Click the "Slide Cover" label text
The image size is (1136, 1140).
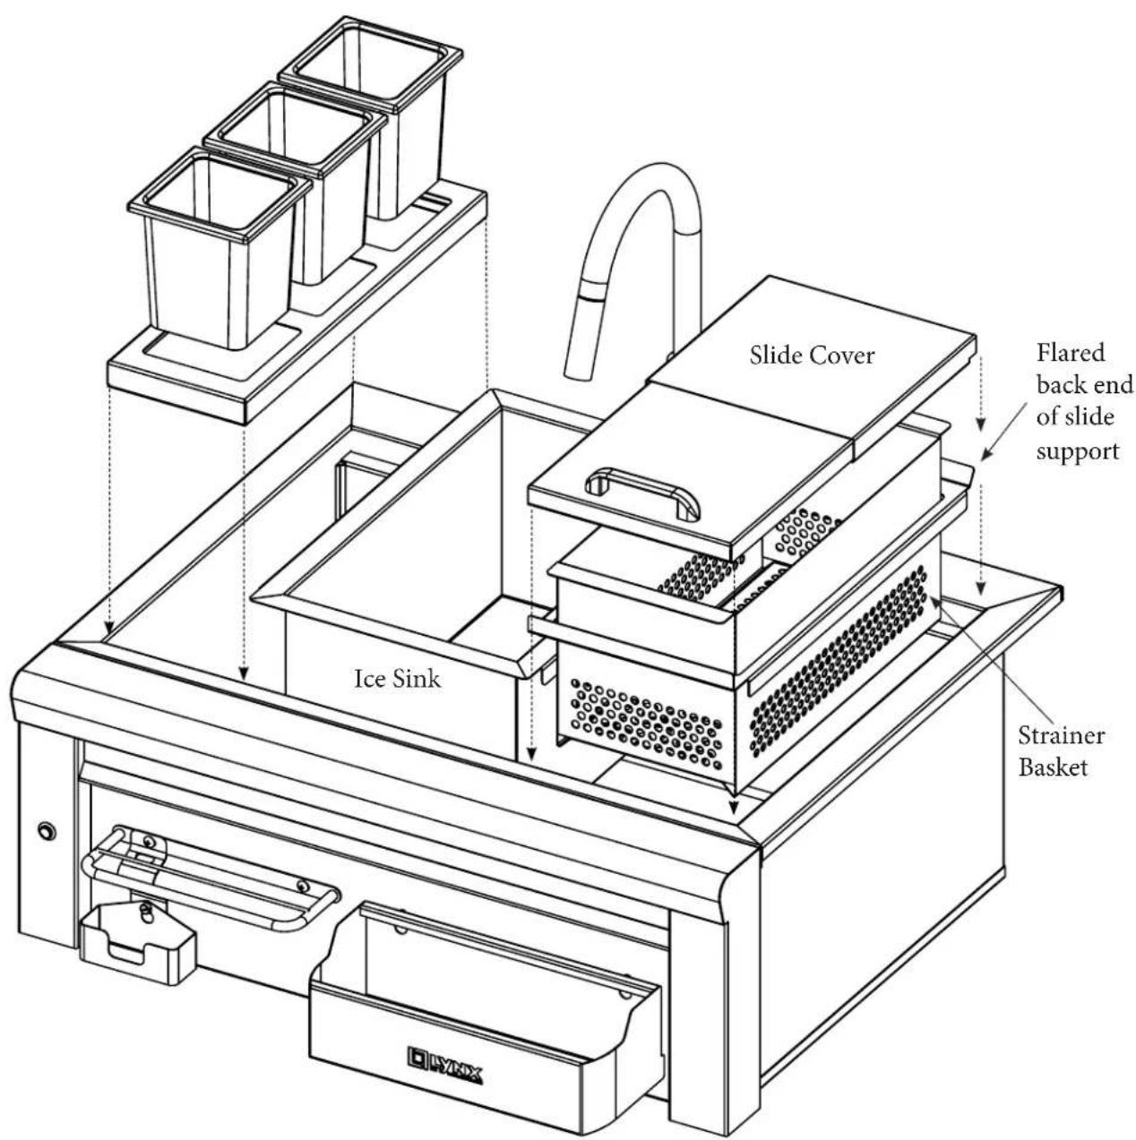click(x=812, y=356)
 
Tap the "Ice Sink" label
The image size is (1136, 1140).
click(x=397, y=679)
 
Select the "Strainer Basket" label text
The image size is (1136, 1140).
click(x=1061, y=751)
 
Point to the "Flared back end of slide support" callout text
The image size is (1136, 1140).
click(x=1084, y=402)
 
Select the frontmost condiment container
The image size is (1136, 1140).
click(x=219, y=248)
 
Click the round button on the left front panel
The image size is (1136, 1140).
click(x=46, y=831)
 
